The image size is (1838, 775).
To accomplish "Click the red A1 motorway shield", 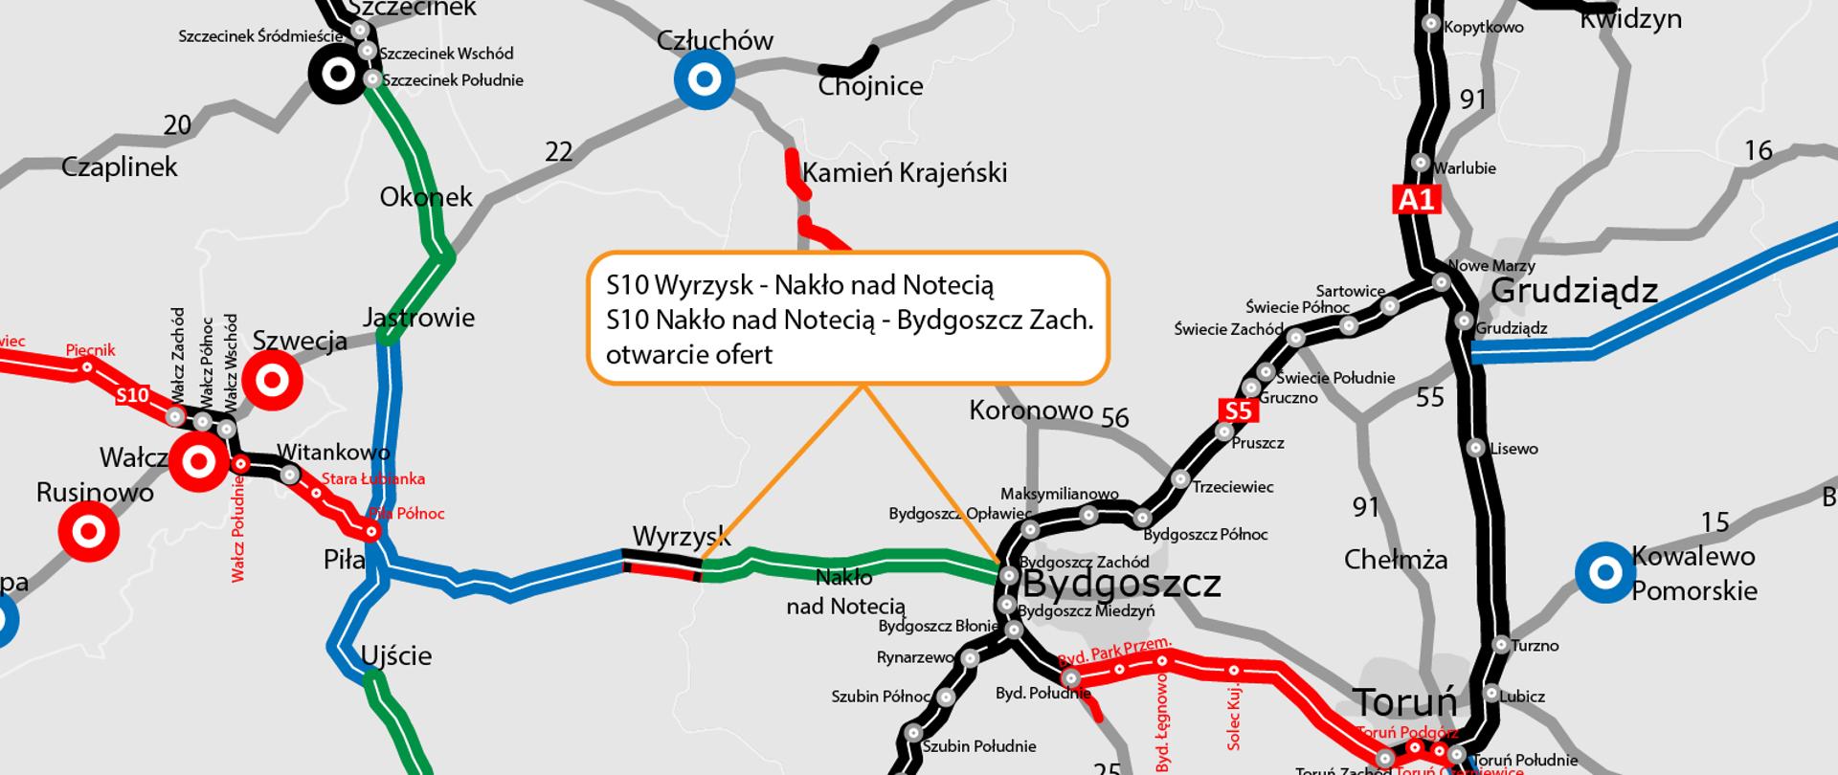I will (1417, 199).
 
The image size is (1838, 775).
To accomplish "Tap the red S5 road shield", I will (1238, 410).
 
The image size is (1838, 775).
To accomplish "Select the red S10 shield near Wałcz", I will (133, 395).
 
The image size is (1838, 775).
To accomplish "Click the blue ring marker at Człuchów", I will (705, 79).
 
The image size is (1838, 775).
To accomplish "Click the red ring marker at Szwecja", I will (273, 381).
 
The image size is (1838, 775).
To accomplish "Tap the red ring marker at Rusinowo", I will (89, 529).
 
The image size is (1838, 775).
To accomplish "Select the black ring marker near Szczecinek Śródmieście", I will (337, 73).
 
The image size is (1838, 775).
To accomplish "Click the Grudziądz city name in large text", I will (1574, 290).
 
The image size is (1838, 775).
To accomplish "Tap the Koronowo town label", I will (1030, 410).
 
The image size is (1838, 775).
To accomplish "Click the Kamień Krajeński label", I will (905, 173).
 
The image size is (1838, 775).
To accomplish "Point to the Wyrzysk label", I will (681, 537).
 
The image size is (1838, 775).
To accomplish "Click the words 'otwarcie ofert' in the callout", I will (688, 354).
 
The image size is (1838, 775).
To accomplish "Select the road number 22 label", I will (558, 151).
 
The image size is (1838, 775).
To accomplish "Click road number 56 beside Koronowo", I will (1114, 418).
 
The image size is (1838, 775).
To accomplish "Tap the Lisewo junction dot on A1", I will (1475, 448).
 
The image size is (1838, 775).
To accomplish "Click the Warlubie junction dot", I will (1422, 164).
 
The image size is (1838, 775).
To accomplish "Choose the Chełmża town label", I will (1395, 560).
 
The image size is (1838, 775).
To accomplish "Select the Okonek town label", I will (426, 197).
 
